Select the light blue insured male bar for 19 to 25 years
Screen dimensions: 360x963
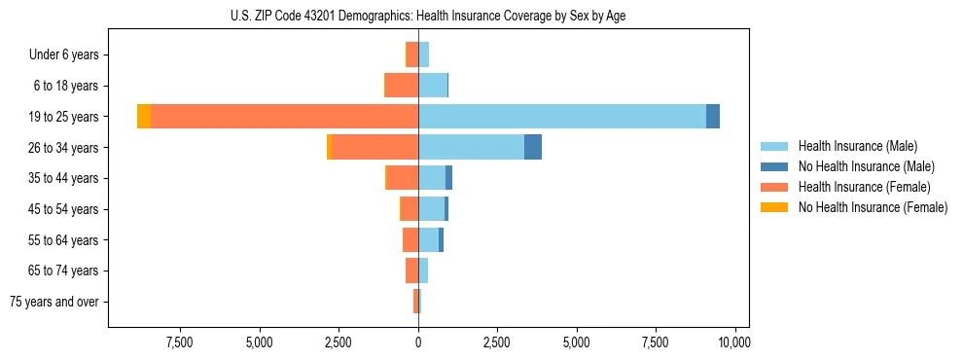562,117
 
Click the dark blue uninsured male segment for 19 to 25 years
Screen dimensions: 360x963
713,117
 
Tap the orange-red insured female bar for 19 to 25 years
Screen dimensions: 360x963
284,117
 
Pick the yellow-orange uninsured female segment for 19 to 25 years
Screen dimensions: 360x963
144,117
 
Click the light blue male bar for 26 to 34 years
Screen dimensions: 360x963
471,147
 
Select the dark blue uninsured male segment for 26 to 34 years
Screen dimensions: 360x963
533,147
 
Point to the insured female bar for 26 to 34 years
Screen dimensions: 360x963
375,147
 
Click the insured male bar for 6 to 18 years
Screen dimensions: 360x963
433,86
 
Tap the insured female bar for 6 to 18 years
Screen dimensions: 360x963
402,86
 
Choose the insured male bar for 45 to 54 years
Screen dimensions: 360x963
431,209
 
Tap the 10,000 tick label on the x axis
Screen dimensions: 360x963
734,342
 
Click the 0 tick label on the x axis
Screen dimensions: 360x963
418,342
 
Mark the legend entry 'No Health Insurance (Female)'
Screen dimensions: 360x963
873,207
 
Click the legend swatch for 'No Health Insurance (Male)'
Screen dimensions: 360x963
774,166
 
